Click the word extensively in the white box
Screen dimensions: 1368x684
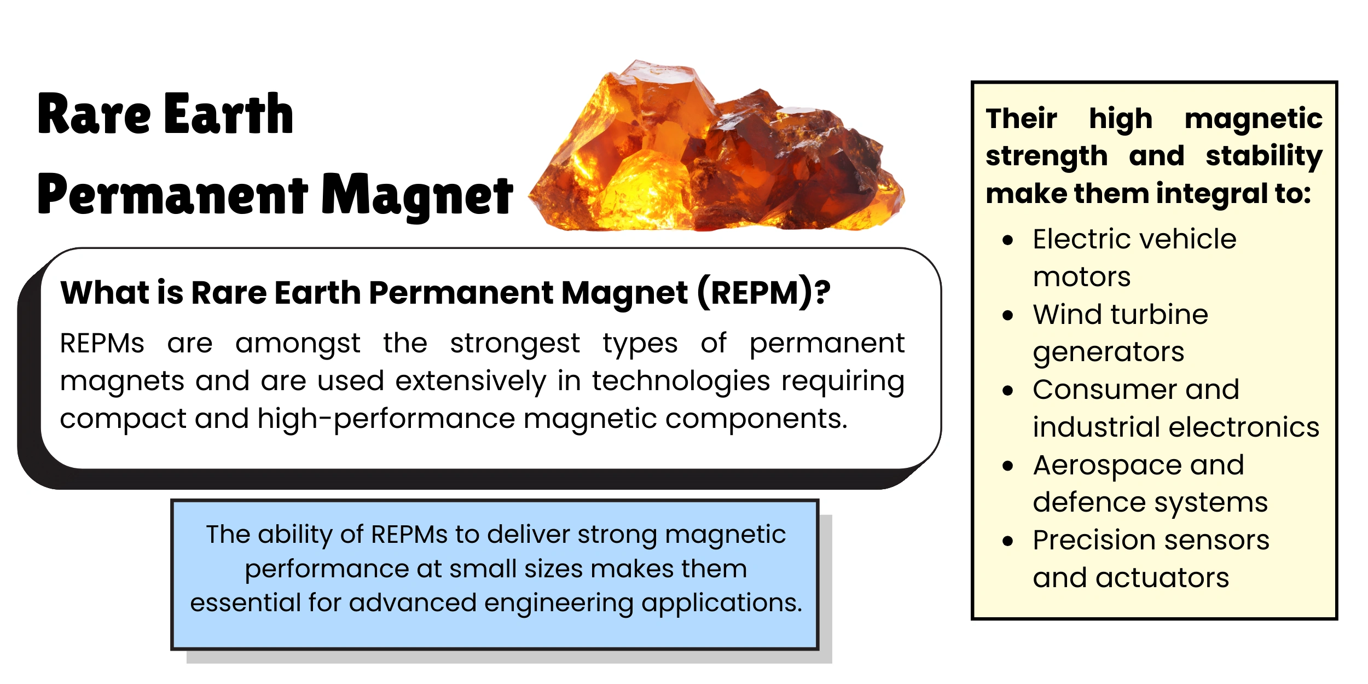tap(471, 381)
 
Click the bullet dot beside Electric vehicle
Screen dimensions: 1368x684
tap(1008, 240)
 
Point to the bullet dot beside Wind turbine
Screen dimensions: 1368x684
tap(1008, 316)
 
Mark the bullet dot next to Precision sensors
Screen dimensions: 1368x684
tap(1008, 541)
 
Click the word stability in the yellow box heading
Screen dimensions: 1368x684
tap(1264, 156)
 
